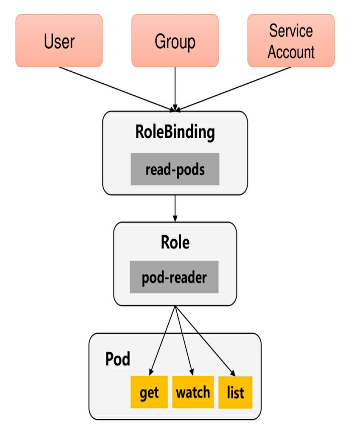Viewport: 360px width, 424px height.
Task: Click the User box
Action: click(x=59, y=41)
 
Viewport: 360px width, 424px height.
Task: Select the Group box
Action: click(x=175, y=41)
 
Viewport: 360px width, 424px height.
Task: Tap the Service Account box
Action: click(x=291, y=41)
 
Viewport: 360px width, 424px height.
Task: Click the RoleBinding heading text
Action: click(x=175, y=132)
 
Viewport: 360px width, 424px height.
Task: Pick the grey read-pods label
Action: click(x=175, y=169)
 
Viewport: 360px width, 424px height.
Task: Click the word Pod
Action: click(x=117, y=359)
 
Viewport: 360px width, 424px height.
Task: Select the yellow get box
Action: click(x=149, y=392)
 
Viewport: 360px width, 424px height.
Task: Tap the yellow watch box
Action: click(x=193, y=392)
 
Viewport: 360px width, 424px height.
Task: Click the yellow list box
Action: click(x=235, y=392)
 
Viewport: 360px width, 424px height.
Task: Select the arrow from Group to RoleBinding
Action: click(x=175, y=88)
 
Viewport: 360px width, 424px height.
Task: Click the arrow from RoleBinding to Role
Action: click(x=175, y=208)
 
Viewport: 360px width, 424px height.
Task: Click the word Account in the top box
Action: click(x=291, y=52)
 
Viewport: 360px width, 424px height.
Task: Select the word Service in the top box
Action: click(x=291, y=31)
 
